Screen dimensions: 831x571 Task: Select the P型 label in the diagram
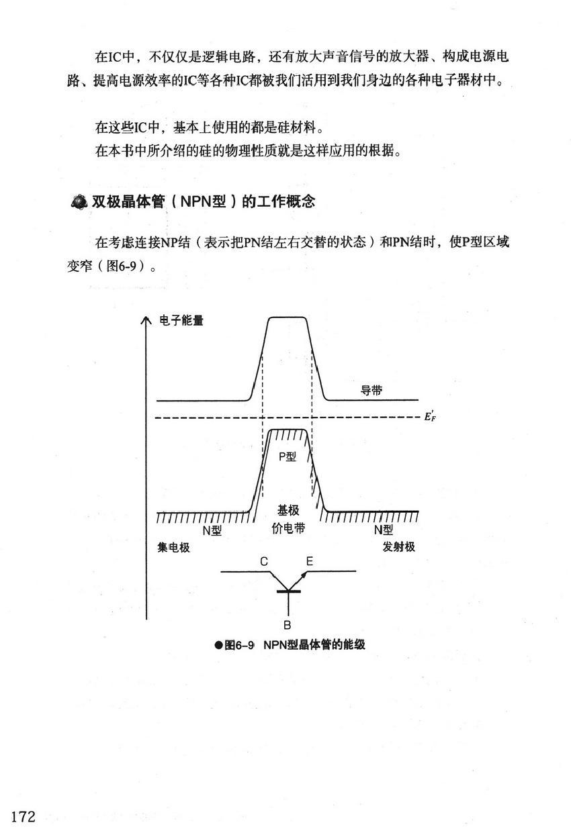click(287, 457)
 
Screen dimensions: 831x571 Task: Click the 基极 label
click(288, 511)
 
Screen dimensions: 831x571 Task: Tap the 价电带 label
click(288, 528)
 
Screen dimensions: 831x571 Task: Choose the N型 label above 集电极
click(212, 530)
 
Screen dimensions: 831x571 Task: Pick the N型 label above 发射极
click(384, 530)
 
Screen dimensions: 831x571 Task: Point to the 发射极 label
click(399, 547)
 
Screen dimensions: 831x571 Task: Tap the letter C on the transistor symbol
click(264, 561)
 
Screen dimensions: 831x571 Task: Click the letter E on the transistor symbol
click(309, 561)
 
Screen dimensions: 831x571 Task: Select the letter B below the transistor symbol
click(287, 626)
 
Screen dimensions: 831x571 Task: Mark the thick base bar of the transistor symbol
click(288, 591)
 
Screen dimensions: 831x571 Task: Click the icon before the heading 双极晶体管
click(79, 202)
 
